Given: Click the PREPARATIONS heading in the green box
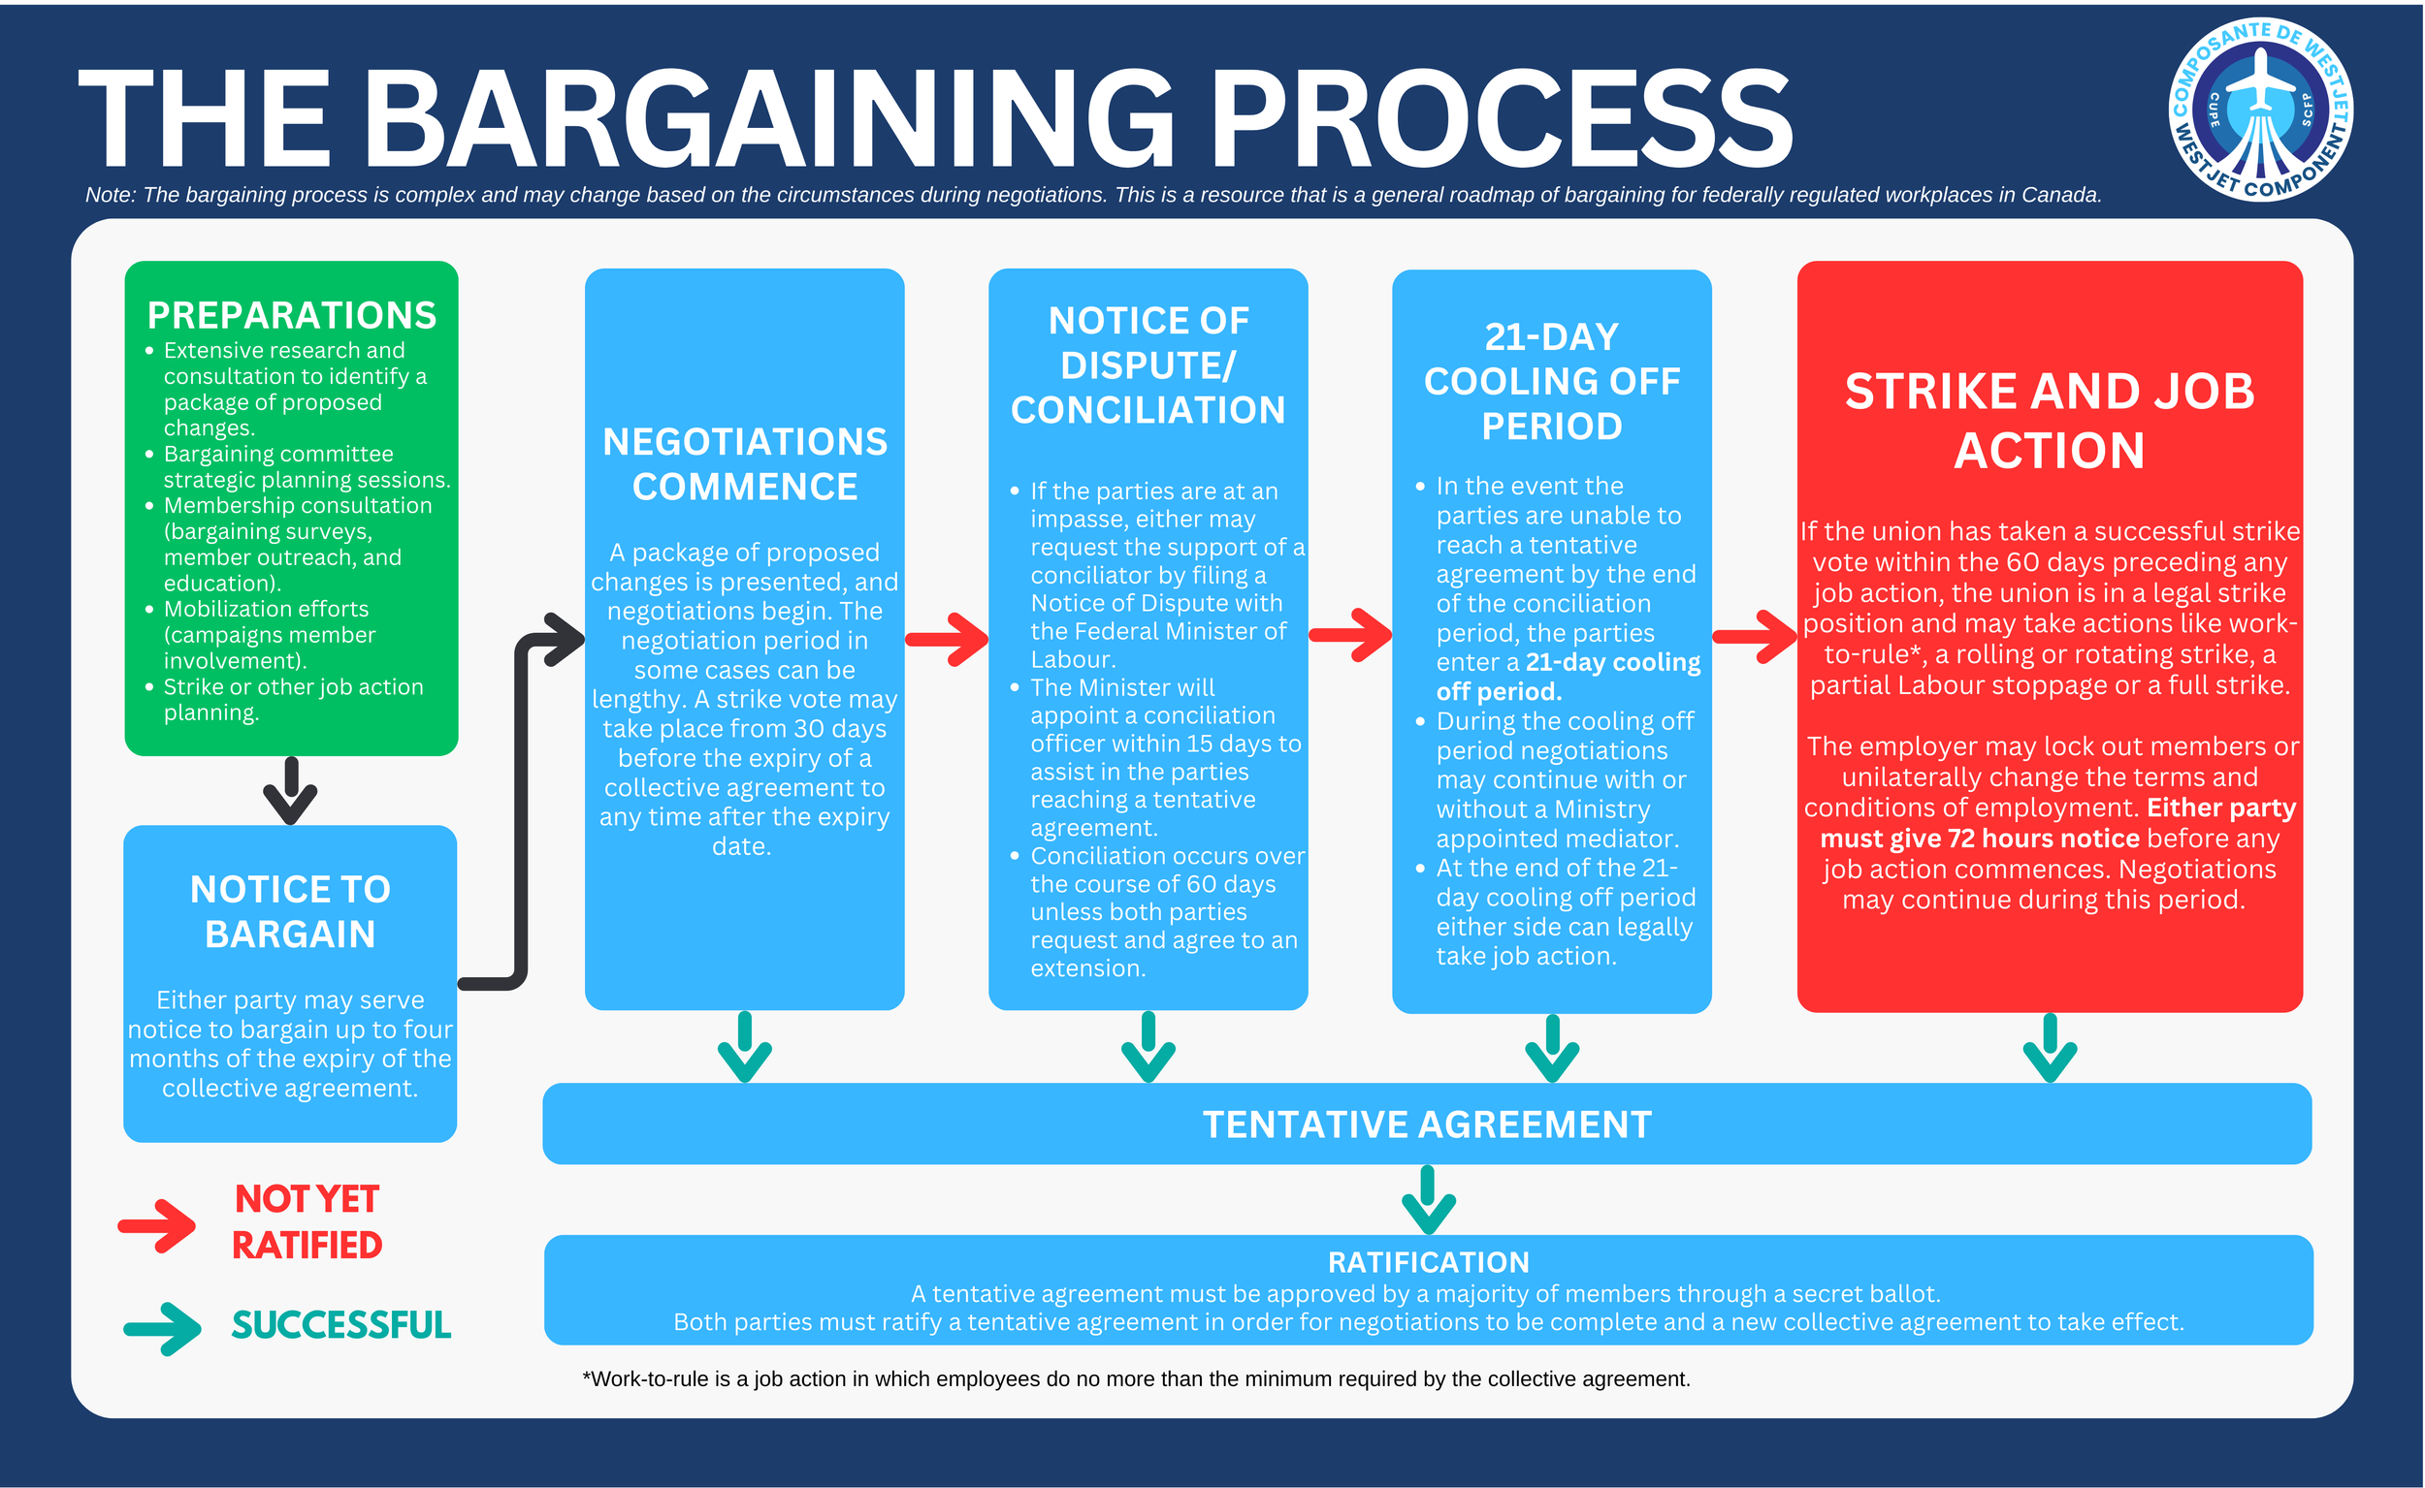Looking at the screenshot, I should [x=291, y=315].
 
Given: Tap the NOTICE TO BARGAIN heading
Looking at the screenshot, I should [x=290, y=911].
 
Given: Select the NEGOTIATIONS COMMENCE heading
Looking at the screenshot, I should [x=744, y=463].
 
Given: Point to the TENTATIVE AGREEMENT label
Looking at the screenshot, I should [x=1427, y=1124].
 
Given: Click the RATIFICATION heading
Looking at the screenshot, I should [x=1429, y=1262].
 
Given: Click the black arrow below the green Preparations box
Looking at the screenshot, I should [x=290, y=791].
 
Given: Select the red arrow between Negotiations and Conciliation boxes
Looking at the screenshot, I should [x=946, y=640].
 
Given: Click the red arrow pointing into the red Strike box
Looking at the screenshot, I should [x=1756, y=637].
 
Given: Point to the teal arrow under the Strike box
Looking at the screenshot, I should [x=2050, y=1049].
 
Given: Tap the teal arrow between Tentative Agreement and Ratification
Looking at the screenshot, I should [x=1429, y=1200].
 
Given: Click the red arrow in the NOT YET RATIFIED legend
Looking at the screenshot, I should [x=157, y=1225].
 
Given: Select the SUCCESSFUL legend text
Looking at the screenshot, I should [x=340, y=1325].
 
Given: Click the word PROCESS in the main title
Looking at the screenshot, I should [x=1501, y=120].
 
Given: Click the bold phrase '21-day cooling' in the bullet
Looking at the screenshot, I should [x=1613, y=662].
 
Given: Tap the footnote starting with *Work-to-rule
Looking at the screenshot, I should [x=1135, y=1378].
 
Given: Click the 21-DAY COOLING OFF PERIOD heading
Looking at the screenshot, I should [x=1552, y=382].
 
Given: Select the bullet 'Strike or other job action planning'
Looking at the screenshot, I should [x=293, y=700].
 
